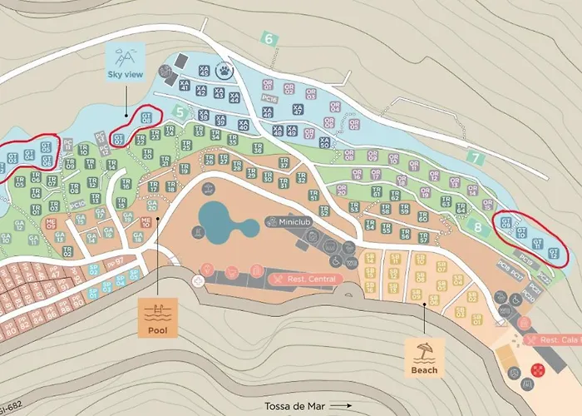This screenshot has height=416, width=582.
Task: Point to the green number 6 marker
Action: (x=268, y=38)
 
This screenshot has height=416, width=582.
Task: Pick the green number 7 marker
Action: (x=474, y=156)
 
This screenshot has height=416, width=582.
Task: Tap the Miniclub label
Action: (x=288, y=222)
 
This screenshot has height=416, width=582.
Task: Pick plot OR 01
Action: (x=266, y=84)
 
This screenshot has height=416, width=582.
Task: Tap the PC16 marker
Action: (x=268, y=98)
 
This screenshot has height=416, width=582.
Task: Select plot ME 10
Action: (x=146, y=221)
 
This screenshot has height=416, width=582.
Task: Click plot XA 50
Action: (x=323, y=142)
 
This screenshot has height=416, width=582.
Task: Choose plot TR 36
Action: (x=258, y=148)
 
